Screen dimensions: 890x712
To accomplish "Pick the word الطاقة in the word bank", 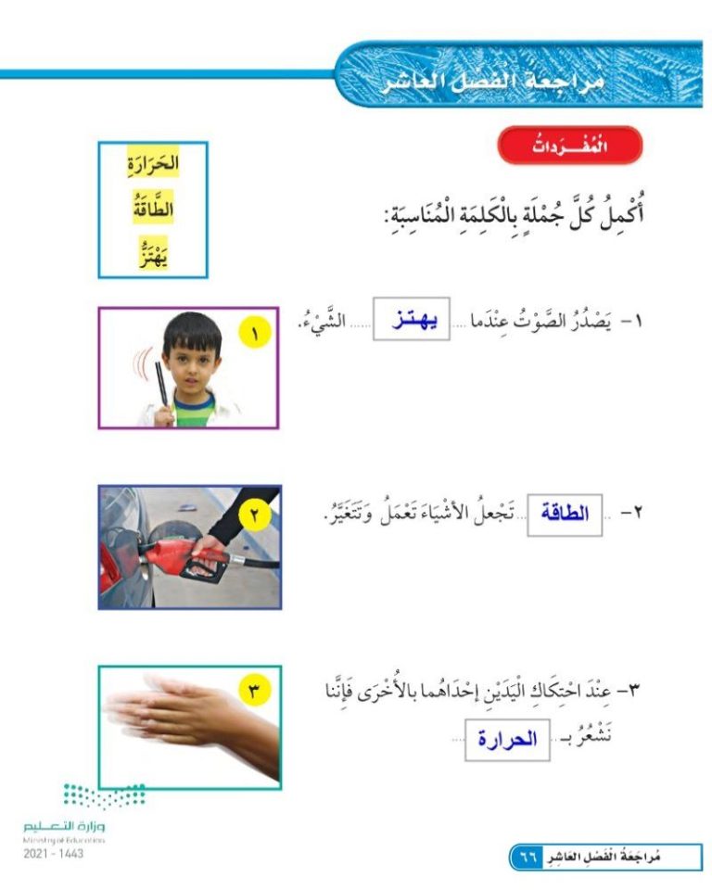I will (153, 209).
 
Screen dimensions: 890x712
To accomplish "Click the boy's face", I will (192, 355).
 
